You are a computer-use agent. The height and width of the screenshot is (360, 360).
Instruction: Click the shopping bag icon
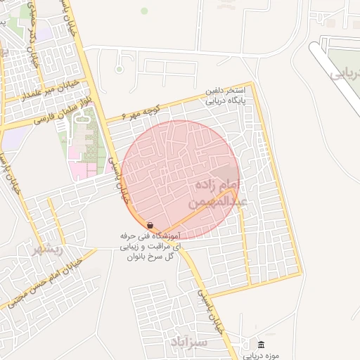click(150, 225)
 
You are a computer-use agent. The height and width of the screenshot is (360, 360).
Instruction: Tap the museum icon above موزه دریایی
click(262, 344)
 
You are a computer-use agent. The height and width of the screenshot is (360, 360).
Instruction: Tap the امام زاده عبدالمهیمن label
click(216, 193)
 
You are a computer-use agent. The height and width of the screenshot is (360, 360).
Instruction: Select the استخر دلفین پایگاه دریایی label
click(225, 96)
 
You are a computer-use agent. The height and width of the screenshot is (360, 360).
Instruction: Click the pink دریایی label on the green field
click(345, 73)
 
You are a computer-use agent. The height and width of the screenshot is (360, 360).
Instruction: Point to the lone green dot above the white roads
click(144, 11)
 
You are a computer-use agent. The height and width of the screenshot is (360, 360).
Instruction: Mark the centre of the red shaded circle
click(180, 180)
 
